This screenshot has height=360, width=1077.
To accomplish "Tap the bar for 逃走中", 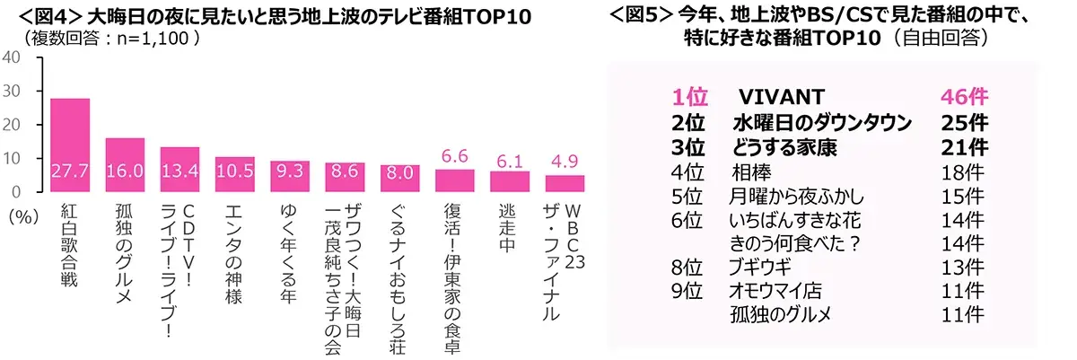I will (509, 180).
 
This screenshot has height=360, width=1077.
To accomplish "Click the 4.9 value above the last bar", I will (564, 162).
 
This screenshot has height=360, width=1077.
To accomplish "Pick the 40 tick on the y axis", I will (13, 57).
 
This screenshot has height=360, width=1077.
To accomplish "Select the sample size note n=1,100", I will (149, 40).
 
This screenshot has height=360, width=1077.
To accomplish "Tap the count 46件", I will (963, 97).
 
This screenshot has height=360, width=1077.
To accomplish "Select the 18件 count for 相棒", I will (963, 171).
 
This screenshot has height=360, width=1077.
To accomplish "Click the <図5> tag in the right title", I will (641, 15).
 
